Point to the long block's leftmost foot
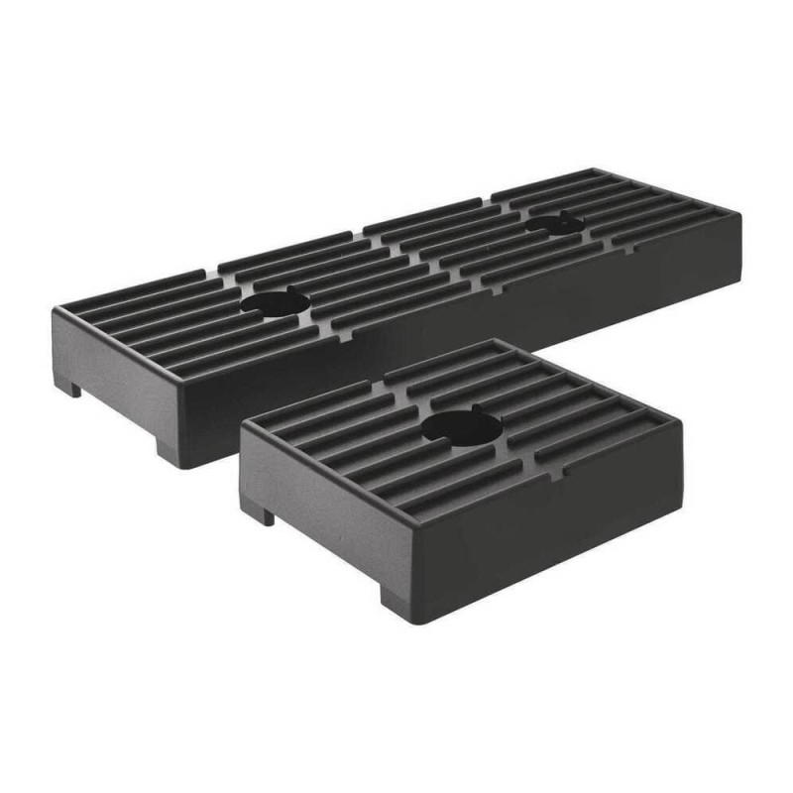pos(67,385)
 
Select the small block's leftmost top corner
pos(241,420)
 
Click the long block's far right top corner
pos(740,212)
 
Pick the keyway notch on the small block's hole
pos(475,409)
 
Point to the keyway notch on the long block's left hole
pos(290,291)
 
